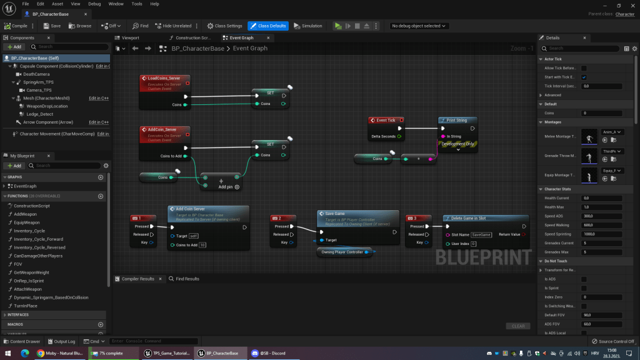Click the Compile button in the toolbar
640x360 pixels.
point(16,26)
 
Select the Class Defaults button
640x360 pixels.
point(268,26)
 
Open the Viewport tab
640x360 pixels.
point(130,37)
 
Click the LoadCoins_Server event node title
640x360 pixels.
point(164,78)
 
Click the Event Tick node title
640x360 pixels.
point(386,120)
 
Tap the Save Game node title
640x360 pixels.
point(335,213)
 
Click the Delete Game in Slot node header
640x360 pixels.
point(464,218)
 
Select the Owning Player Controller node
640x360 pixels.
point(342,252)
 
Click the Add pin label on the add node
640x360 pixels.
point(225,187)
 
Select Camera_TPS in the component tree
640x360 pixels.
point(39,90)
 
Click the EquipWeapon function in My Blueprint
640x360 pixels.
point(26,222)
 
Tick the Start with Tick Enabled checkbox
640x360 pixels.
point(584,77)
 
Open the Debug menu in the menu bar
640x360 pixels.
point(94,4)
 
